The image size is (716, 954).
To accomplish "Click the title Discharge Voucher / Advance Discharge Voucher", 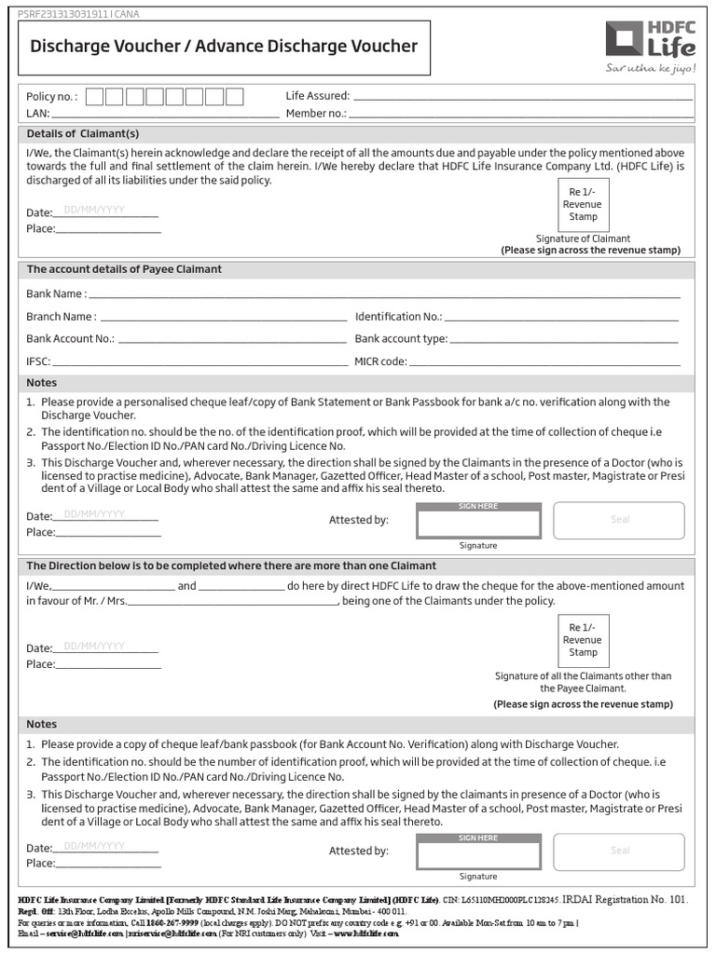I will [x=224, y=47].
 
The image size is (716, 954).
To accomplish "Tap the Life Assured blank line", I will [x=523, y=97].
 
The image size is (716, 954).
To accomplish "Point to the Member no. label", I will [x=316, y=114].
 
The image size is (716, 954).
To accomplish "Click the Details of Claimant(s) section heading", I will [x=83, y=133].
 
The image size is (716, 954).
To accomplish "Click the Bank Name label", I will [x=56, y=293].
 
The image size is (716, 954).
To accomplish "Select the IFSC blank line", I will [x=200, y=362].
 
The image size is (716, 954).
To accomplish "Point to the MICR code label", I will [x=380, y=361].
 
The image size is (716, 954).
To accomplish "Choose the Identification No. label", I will [x=398, y=317].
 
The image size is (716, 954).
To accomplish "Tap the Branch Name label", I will [x=61, y=317].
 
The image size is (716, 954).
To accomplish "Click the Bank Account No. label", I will [x=70, y=339].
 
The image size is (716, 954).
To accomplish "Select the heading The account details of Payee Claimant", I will [x=124, y=269].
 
